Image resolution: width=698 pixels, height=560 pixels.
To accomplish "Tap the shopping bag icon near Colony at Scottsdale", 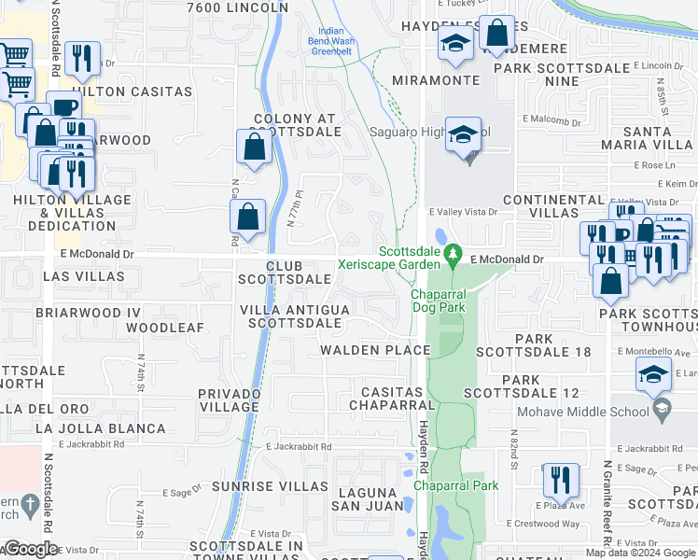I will pos(254,147).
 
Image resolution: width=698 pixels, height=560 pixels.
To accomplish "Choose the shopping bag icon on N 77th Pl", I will pos(247,217).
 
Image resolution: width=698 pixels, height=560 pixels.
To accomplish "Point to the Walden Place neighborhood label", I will pos(375,350).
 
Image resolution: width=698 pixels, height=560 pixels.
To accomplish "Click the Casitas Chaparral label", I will pos(392,398).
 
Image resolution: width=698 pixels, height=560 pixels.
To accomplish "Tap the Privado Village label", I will pos(229,400).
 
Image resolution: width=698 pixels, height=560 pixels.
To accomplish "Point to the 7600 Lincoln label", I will pos(238,7).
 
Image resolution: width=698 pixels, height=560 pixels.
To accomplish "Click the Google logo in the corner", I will pos(31,549).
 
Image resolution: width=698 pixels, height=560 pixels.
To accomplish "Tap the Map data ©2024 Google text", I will pos(639,553).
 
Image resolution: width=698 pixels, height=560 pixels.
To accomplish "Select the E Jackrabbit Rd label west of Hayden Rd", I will pos(299,447).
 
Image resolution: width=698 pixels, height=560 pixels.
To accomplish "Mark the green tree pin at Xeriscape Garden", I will pos(454,253).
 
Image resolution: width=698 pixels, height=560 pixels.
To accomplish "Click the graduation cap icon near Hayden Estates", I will pos(455,45).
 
